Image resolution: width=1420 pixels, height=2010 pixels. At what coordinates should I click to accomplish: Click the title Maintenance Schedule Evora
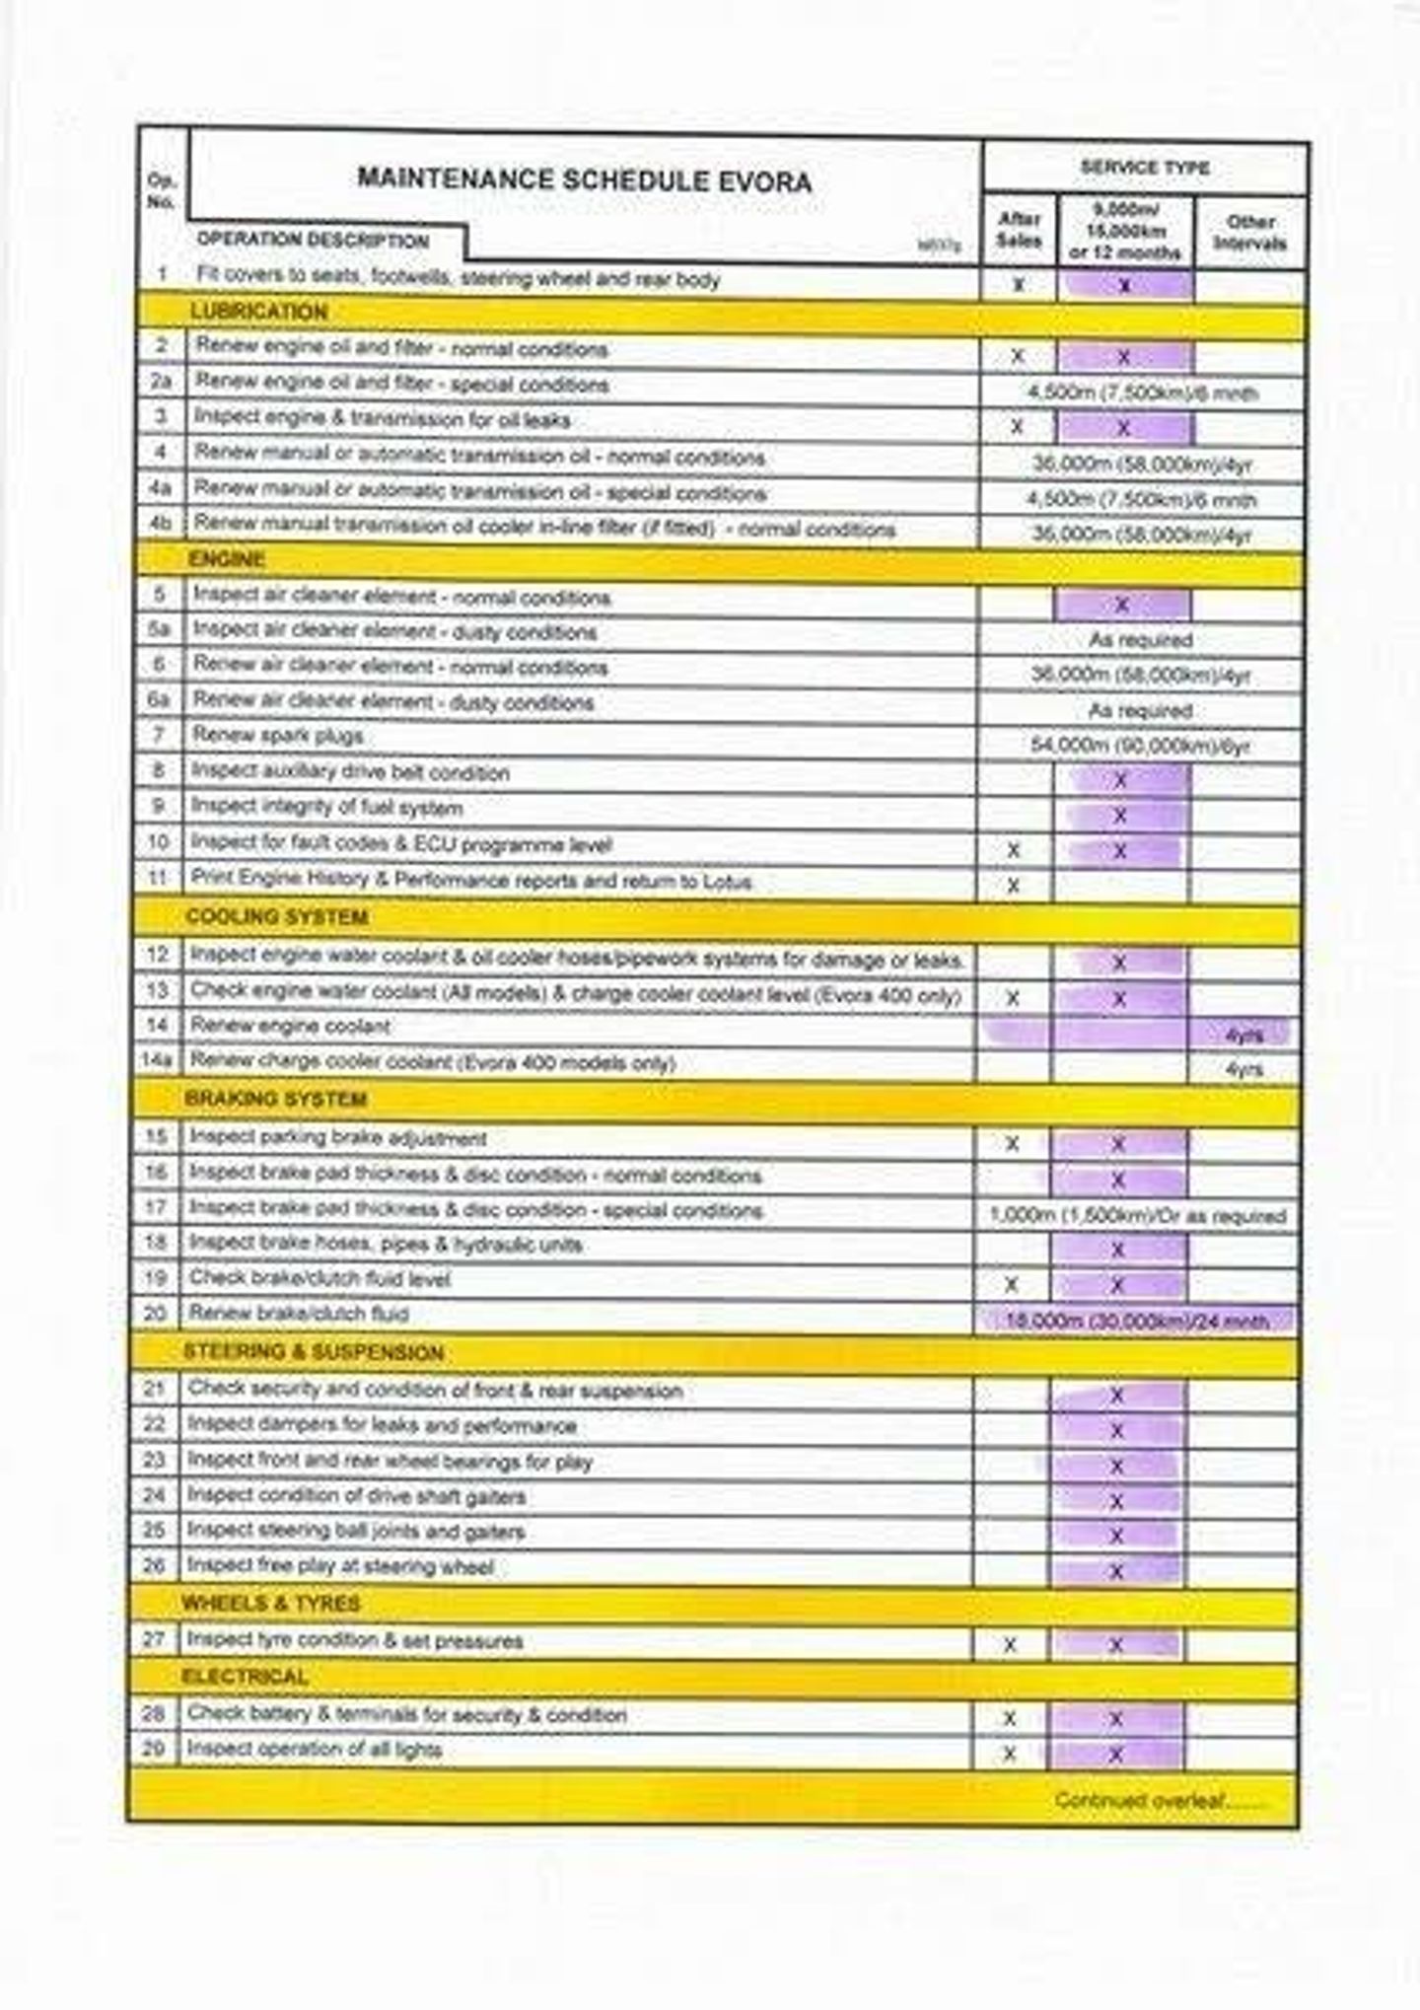(584, 179)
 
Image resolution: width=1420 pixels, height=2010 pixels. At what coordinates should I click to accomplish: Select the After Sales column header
(1019, 231)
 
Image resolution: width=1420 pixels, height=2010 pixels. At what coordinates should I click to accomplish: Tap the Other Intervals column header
(1249, 232)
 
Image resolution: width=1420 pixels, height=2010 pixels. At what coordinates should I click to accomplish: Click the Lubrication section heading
(258, 312)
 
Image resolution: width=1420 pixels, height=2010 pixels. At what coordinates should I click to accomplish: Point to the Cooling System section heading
(277, 917)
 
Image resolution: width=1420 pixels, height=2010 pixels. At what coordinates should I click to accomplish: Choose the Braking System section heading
(275, 1099)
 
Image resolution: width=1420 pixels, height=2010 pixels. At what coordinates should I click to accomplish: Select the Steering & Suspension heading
(314, 1352)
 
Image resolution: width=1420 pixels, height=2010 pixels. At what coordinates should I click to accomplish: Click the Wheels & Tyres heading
(270, 1604)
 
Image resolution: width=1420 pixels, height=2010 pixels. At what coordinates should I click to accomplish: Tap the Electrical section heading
(245, 1677)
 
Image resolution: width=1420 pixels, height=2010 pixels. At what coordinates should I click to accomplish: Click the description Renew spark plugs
(277, 736)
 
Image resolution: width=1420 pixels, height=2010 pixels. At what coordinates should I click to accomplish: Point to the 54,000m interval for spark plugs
(1140, 746)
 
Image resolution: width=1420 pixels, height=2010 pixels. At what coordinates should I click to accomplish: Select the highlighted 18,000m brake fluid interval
(1136, 1321)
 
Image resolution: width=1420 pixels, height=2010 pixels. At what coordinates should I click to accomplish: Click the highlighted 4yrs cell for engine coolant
(1242, 1034)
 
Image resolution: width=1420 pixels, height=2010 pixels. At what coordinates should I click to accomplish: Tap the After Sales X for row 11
(1013, 886)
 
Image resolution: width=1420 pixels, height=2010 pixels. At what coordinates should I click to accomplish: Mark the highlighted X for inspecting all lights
(1116, 1755)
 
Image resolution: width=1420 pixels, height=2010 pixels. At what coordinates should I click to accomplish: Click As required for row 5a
(1140, 640)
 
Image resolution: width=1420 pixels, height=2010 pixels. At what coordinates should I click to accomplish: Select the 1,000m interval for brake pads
(1137, 1216)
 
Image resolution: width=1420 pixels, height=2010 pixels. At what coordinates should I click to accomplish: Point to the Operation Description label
(313, 240)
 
